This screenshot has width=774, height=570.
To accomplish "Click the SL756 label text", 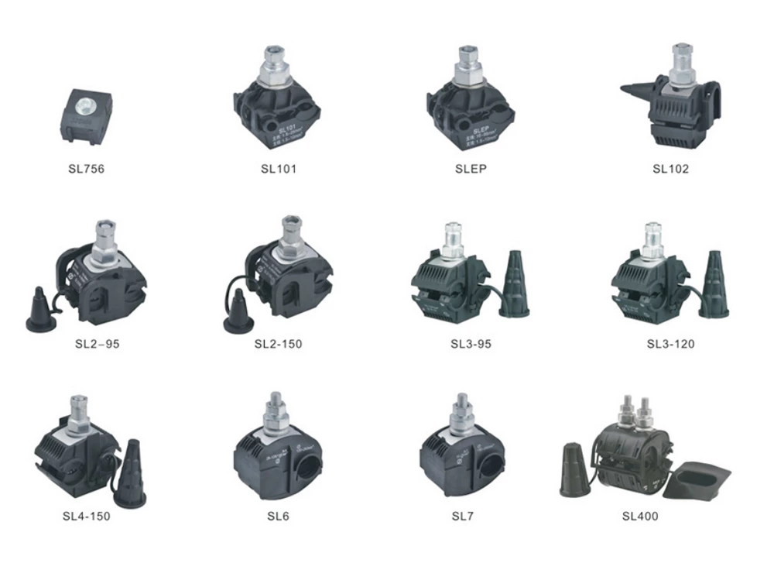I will coord(87,167).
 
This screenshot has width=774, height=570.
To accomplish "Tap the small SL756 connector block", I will coord(86,116).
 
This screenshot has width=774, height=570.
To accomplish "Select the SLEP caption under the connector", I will coord(471,168).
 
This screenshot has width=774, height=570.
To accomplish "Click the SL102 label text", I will coord(670,168).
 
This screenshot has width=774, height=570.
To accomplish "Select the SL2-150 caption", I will coord(278,343).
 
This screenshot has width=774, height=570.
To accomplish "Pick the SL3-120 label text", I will coord(670,343).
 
